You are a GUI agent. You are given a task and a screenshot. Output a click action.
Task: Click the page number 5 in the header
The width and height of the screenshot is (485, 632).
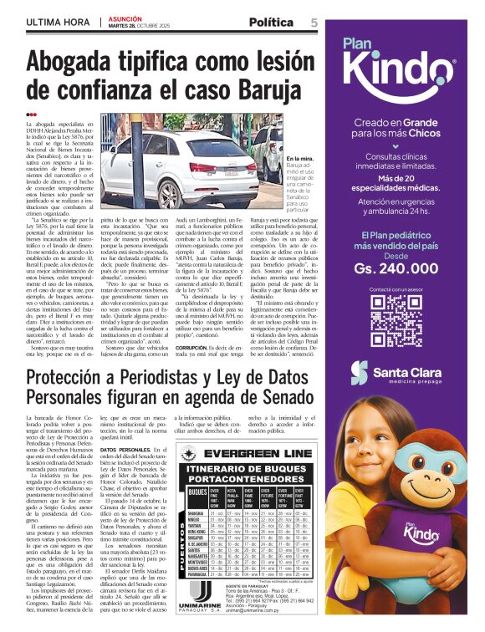pyautogui.click(x=314, y=23)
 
